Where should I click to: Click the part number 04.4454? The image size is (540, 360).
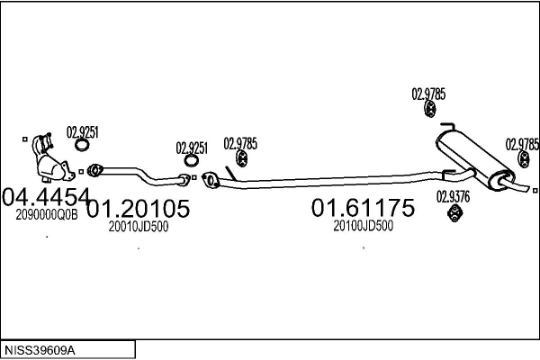pyautogui.click(x=46, y=197)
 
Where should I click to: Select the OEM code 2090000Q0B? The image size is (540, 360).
pyautogui.click(x=47, y=215)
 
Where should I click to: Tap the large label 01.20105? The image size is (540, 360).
pyautogui.click(x=138, y=209)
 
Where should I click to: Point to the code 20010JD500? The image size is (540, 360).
pyautogui.click(x=139, y=227)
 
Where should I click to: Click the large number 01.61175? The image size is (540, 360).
pyautogui.click(x=363, y=208)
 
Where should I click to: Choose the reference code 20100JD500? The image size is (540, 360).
pyautogui.click(x=364, y=226)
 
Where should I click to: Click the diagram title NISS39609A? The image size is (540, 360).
pyautogui.click(x=40, y=351)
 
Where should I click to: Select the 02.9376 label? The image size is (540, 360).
pyautogui.click(x=454, y=197)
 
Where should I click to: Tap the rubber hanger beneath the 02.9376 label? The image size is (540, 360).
pyautogui.click(x=454, y=213)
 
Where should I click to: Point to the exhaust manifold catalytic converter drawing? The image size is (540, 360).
pyautogui.click(x=51, y=158)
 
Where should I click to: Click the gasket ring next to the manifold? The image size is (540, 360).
pyautogui.click(x=82, y=145)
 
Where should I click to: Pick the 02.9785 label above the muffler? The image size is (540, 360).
pyautogui.click(x=428, y=94)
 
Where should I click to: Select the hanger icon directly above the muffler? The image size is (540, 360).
pyautogui.click(x=430, y=109)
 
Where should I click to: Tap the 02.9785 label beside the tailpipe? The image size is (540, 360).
pyautogui.click(x=522, y=144)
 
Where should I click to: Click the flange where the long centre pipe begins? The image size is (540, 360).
pyautogui.click(x=211, y=180)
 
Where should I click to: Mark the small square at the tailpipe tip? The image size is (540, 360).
pyautogui.click(x=535, y=191)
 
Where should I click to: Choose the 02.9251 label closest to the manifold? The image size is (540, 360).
pyautogui.click(x=82, y=132)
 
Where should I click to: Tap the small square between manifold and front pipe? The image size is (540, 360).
pyautogui.click(x=81, y=172)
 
